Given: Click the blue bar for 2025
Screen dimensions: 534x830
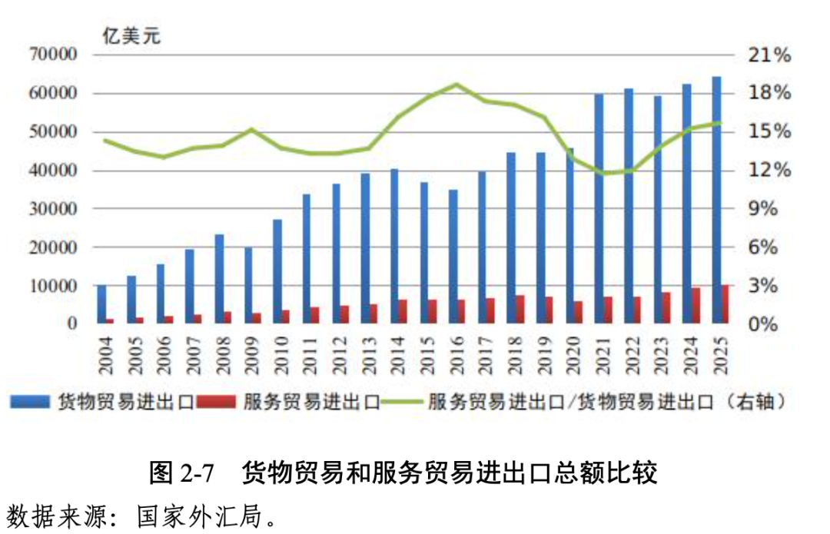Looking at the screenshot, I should [x=716, y=200].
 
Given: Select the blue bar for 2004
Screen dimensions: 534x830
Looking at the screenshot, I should [x=101, y=303].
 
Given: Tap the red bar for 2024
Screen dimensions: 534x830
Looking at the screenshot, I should [x=696, y=305].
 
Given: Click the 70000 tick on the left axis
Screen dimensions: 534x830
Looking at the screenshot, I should [x=55, y=55].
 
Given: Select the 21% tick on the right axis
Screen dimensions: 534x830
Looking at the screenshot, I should [x=769, y=55].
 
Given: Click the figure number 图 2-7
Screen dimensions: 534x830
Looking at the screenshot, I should [x=181, y=472].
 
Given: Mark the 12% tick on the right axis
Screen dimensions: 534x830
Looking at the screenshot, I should [x=769, y=170].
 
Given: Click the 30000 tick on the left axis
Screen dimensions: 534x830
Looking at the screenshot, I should [x=55, y=208].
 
